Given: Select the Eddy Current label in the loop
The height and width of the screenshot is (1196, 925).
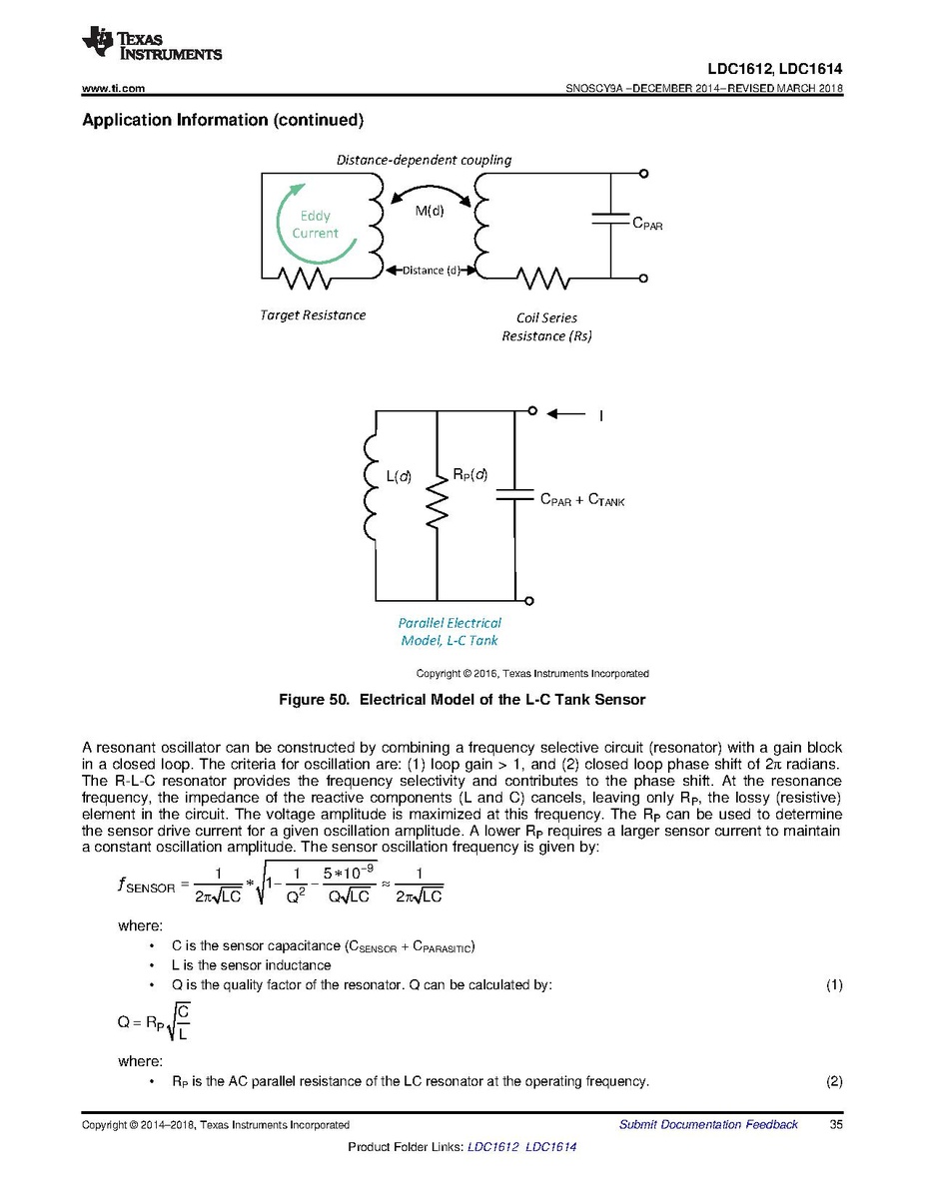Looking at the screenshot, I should click(x=316, y=225).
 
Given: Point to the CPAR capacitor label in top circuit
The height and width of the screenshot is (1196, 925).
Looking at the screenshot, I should click(x=647, y=226).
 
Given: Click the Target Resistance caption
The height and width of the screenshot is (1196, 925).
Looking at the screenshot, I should click(x=313, y=315).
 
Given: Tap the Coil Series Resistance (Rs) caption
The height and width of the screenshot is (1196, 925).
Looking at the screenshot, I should click(x=546, y=327).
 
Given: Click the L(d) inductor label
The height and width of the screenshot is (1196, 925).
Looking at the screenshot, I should click(x=399, y=477).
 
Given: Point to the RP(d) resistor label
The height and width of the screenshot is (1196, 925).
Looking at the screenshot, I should click(x=469, y=475).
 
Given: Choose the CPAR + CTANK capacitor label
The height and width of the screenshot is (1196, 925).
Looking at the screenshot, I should click(x=582, y=499).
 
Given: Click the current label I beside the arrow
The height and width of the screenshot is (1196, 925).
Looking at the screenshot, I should click(x=600, y=415).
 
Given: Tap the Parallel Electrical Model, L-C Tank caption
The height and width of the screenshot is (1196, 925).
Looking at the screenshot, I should click(x=450, y=631).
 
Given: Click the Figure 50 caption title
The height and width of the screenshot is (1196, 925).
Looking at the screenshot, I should click(x=462, y=700).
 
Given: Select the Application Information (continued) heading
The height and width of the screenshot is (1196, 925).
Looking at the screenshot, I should click(x=221, y=121).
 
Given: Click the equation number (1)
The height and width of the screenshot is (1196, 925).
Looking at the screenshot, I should click(x=834, y=985).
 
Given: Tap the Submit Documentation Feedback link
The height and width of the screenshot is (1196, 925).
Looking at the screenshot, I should click(x=708, y=1125).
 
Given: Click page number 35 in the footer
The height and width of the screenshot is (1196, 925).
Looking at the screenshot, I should click(x=836, y=1125).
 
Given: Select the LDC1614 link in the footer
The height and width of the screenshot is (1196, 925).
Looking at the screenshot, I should click(x=550, y=1147).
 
